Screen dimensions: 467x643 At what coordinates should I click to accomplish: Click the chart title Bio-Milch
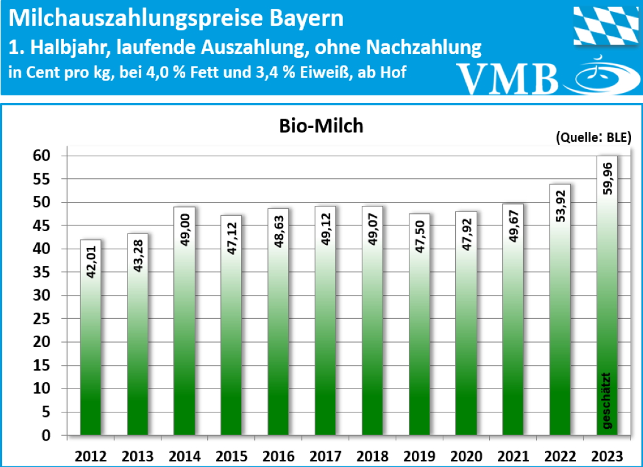321,126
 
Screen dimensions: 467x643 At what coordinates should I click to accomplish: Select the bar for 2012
90,339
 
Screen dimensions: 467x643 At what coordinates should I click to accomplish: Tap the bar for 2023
607,314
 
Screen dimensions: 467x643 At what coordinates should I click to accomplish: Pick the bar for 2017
325,326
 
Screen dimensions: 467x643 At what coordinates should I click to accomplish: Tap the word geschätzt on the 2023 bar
607,402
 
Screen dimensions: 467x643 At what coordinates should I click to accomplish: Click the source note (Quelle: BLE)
593,138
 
